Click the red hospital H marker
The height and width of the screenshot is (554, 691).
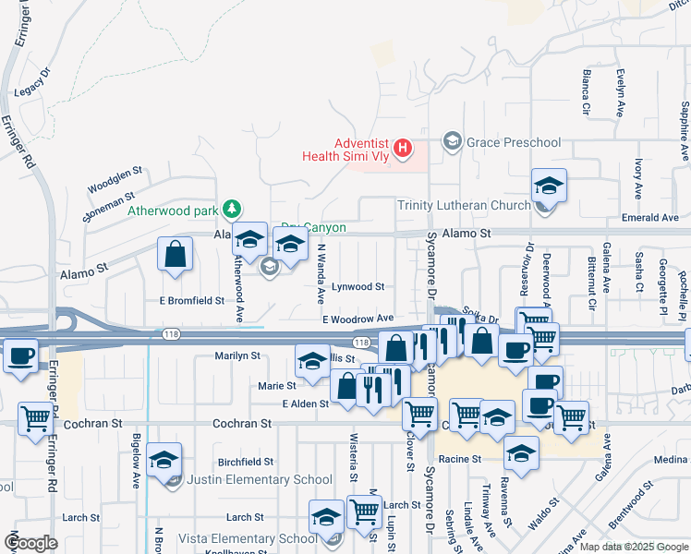coord(402,148)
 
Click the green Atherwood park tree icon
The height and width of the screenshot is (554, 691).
coord(235,210)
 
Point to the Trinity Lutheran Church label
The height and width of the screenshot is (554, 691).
coord(464,205)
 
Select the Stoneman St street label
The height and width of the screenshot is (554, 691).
coord(108,207)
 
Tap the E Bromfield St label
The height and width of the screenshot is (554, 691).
coord(192,300)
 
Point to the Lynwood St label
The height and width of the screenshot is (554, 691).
coord(358,287)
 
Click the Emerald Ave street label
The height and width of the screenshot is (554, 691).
coord(650,218)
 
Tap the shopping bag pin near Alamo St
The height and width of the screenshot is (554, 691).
coord(176,255)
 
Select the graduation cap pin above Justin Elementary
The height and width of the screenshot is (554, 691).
coord(164,460)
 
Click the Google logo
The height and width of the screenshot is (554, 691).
coord(30,543)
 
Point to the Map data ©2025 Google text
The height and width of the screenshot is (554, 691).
coord(633,547)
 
